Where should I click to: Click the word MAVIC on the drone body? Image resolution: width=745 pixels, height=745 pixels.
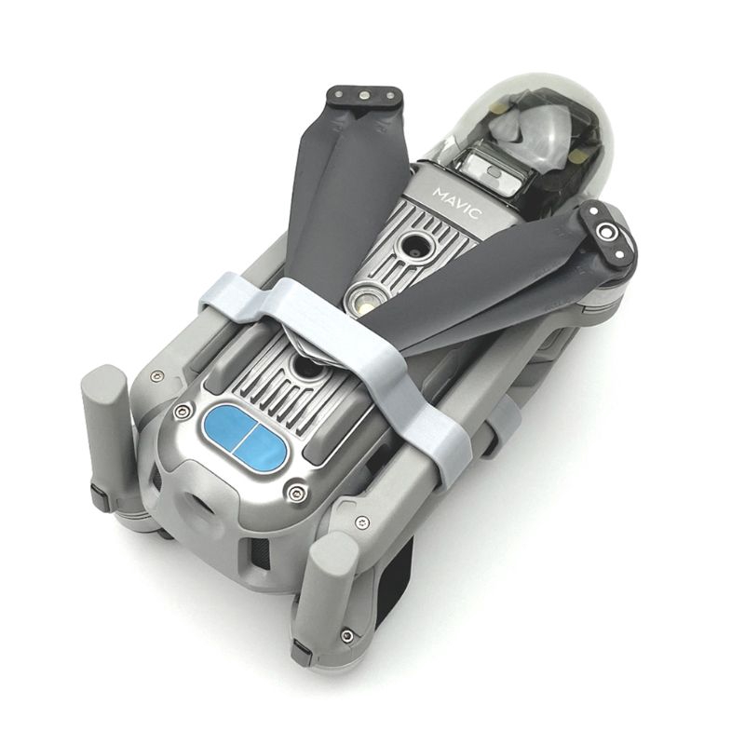coord(457,203)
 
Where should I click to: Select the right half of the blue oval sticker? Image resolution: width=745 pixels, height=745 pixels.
coord(262,448)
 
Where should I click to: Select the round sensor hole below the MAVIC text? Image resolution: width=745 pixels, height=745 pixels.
coord(414,246)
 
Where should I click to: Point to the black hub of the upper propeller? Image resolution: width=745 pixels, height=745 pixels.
coord(364,98)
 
